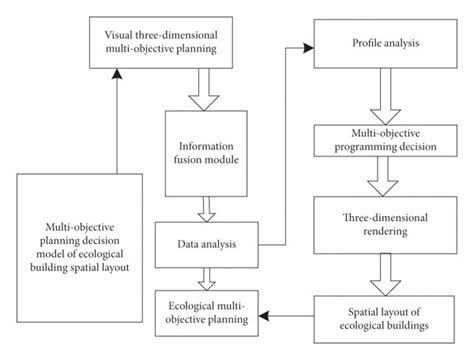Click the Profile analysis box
[385, 45]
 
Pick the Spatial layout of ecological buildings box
[386, 316]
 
